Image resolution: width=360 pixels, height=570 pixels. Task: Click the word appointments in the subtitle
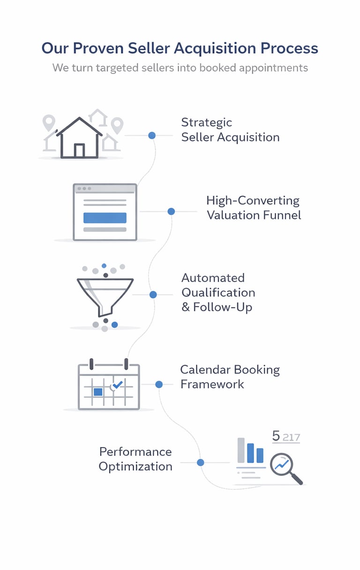(x=273, y=67)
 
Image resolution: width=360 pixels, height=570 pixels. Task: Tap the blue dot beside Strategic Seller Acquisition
(x=152, y=135)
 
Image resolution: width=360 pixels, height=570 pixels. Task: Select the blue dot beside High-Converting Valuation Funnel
(x=171, y=211)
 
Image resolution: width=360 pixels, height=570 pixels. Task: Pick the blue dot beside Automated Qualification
(x=153, y=294)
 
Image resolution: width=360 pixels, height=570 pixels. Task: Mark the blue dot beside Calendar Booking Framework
(x=159, y=384)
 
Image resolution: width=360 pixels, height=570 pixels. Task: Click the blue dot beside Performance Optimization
(x=201, y=463)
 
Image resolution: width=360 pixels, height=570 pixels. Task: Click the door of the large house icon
(x=79, y=150)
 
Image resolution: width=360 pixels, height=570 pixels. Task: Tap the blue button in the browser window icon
(x=105, y=218)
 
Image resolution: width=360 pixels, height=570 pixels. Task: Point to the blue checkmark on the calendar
(x=117, y=384)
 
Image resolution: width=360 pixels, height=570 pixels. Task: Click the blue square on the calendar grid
(x=98, y=391)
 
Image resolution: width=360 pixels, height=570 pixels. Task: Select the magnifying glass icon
(x=284, y=466)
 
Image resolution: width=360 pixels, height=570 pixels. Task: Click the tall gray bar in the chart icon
(x=241, y=450)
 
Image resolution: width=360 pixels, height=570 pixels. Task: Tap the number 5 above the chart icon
(x=276, y=436)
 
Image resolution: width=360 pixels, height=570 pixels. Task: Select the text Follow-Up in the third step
(x=223, y=307)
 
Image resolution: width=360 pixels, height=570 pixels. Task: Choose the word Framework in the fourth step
(x=212, y=384)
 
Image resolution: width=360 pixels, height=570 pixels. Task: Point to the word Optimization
(x=135, y=466)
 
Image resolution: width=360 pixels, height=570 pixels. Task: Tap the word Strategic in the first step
(x=207, y=122)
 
